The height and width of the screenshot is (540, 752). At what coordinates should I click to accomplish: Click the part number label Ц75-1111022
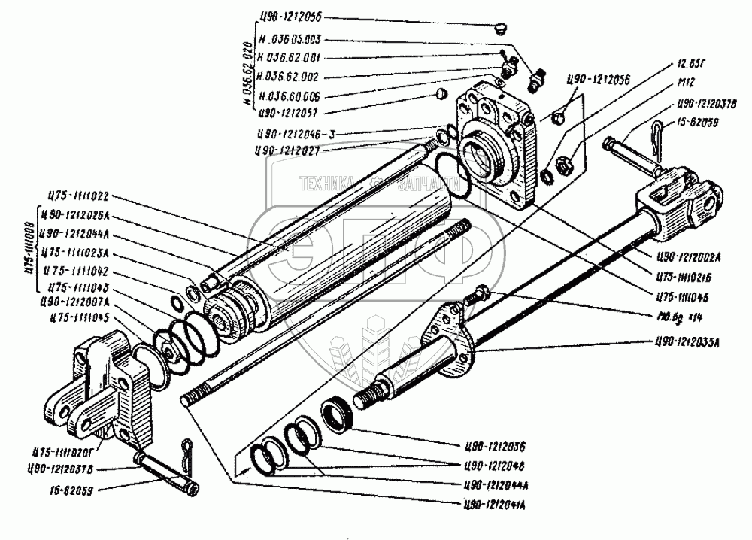[77, 196]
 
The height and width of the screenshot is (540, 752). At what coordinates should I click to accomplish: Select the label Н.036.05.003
[290, 40]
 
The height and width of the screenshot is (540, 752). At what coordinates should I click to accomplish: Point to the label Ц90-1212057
[290, 114]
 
